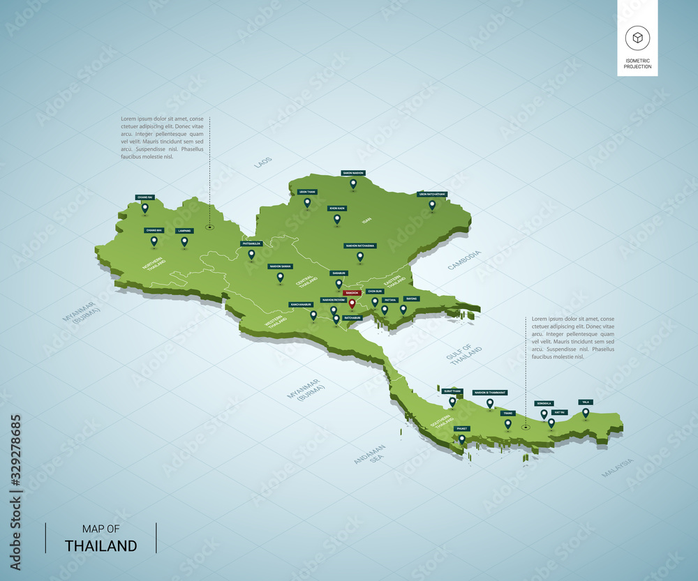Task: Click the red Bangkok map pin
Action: [x=352, y=303]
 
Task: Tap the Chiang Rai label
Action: [x=144, y=197]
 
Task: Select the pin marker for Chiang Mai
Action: [x=154, y=241]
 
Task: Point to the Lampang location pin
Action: [x=184, y=241]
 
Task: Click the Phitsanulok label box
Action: [x=251, y=243]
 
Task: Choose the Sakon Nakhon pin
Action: [x=353, y=183]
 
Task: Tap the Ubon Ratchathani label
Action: [x=432, y=194]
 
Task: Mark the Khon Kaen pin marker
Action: [x=337, y=219]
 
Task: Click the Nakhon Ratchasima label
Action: [x=360, y=246]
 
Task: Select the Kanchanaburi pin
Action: [x=313, y=315]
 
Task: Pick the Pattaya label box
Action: [x=389, y=299]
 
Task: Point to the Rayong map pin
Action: [x=403, y=309]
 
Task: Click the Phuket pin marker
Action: [x=461, y=439]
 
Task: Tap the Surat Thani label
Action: [x=452, y=391]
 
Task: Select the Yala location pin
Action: [x=586, y=412]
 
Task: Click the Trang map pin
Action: [x=507, y=423]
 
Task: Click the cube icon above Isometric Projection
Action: [x=637, y=37]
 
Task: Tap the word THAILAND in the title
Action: [x=101, y=546]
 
